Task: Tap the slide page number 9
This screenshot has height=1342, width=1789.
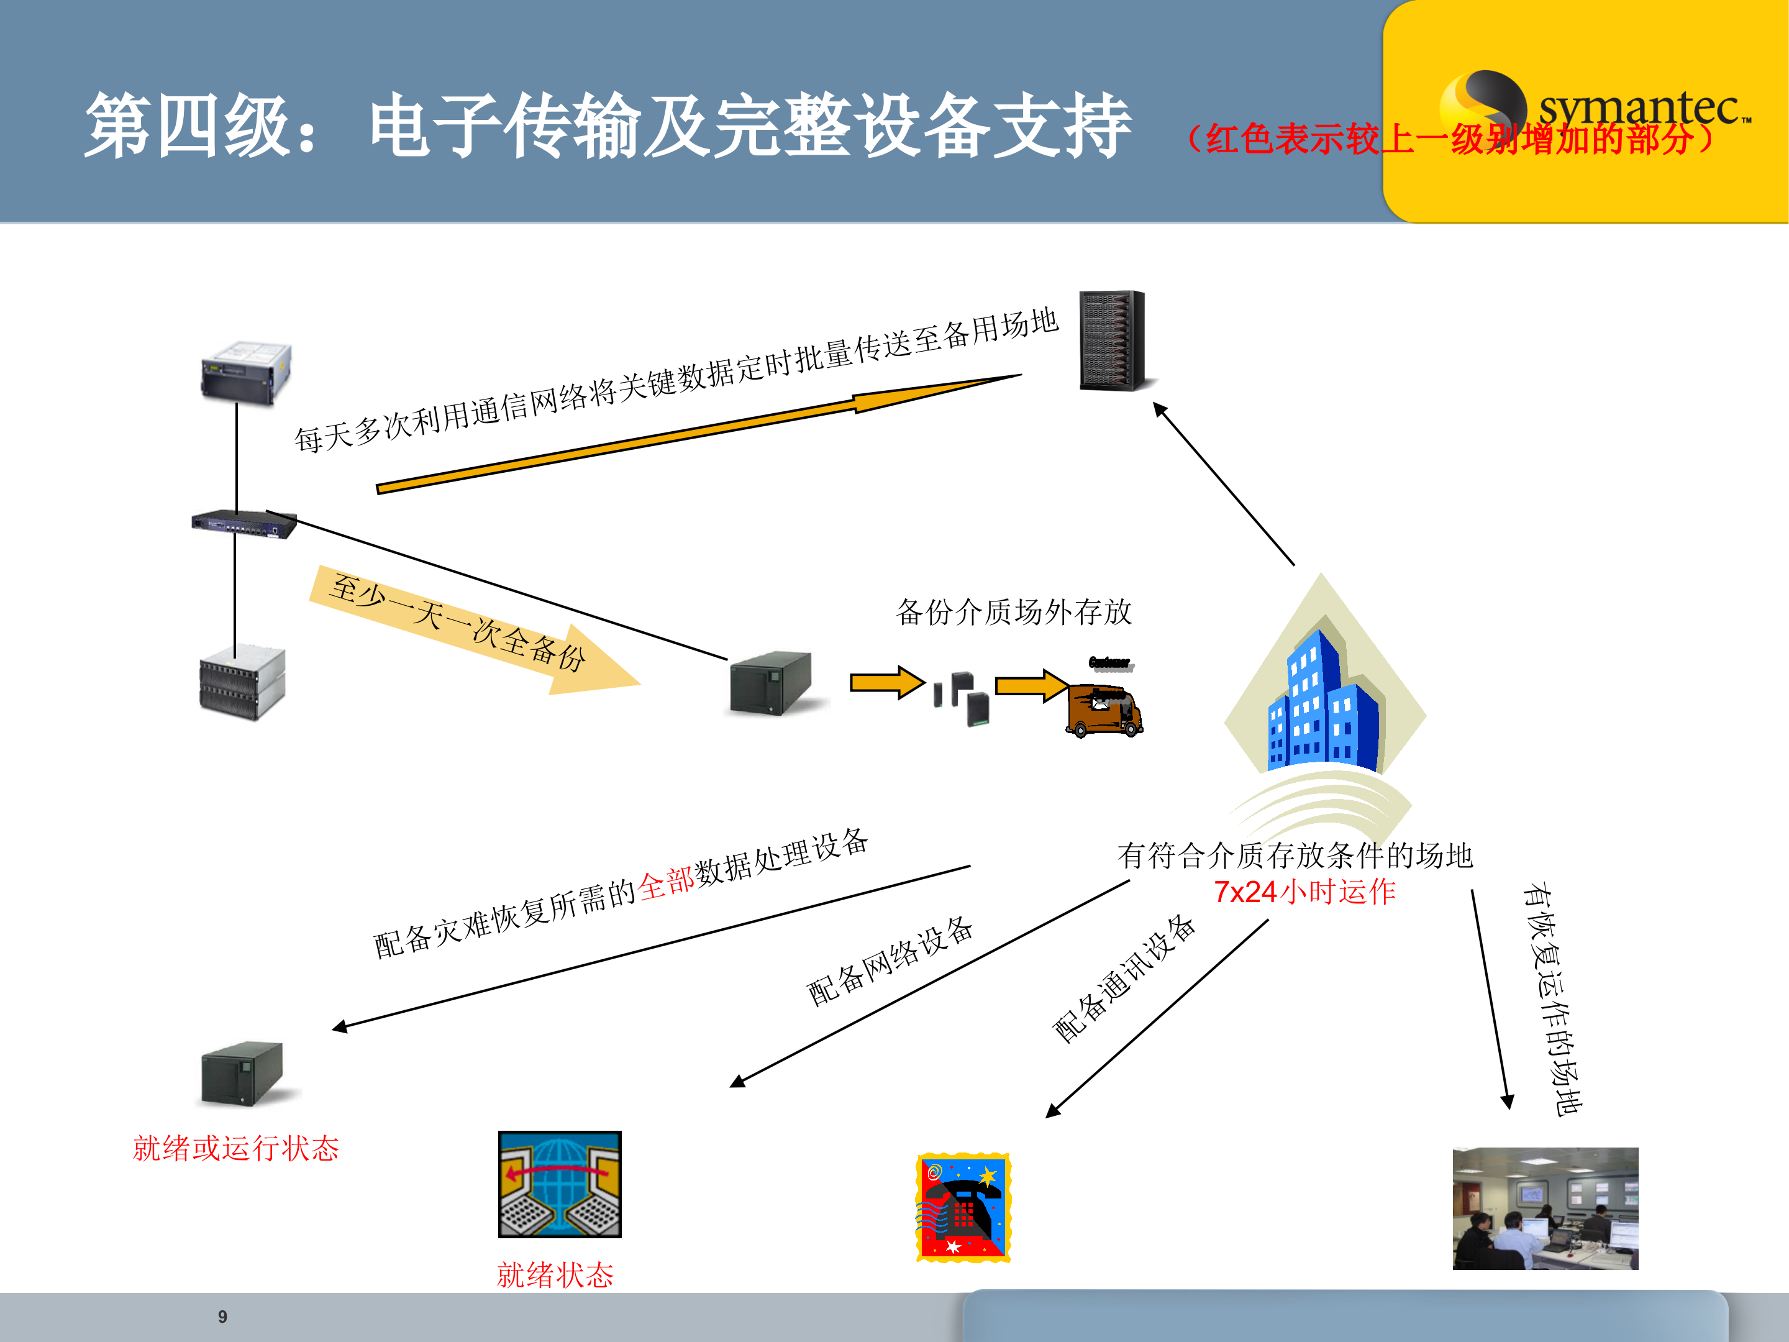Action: click(222, 1316)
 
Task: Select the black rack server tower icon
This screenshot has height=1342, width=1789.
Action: click(1113, 340)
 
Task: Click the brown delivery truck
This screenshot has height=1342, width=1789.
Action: click(1105, 710)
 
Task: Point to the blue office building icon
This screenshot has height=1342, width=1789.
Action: click(1322, 704)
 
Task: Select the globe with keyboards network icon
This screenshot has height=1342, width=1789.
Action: click(560, 1184)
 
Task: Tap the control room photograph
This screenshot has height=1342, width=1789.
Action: click(1545, 1208)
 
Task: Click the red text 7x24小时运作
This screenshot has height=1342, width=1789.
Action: click(1304, 892)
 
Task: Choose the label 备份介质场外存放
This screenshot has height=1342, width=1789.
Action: click(1013, 611)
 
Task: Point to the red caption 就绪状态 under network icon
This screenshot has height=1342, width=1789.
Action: click(555, 1275)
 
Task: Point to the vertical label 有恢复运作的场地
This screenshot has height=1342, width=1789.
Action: click(1551, 999)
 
